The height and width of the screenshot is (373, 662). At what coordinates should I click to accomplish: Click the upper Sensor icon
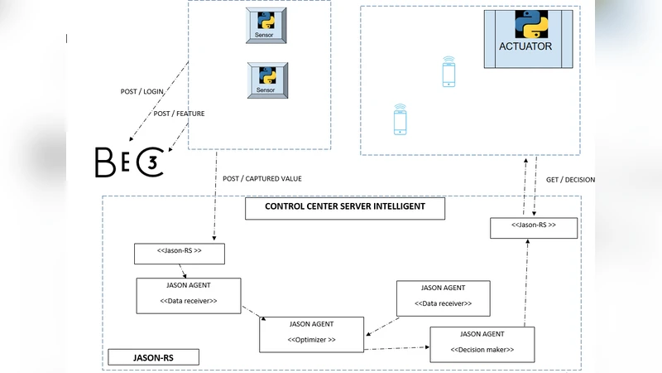(x=266, y=26)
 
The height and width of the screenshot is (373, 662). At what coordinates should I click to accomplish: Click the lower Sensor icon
(x=266, y=80)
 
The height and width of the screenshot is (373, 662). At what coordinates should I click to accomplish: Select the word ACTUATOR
(x=525, y=46)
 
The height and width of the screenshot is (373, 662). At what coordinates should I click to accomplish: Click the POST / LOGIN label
(x=142, y=92)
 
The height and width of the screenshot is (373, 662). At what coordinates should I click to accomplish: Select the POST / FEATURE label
(x=179, y=114)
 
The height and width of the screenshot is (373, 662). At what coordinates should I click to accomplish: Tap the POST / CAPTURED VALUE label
(x=262, y=178)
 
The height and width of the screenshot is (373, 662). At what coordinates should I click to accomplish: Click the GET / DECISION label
(x=570, y=179)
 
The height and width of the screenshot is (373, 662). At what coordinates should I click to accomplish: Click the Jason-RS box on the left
(x=180, y=254)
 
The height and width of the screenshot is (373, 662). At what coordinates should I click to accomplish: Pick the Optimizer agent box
(x=311, y=333)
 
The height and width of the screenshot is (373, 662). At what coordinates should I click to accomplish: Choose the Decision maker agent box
(x=482, y=344)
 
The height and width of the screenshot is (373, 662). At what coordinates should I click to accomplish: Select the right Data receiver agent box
(x=443, y=298)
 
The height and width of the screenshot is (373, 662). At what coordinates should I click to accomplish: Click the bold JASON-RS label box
(x=154, y=358)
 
